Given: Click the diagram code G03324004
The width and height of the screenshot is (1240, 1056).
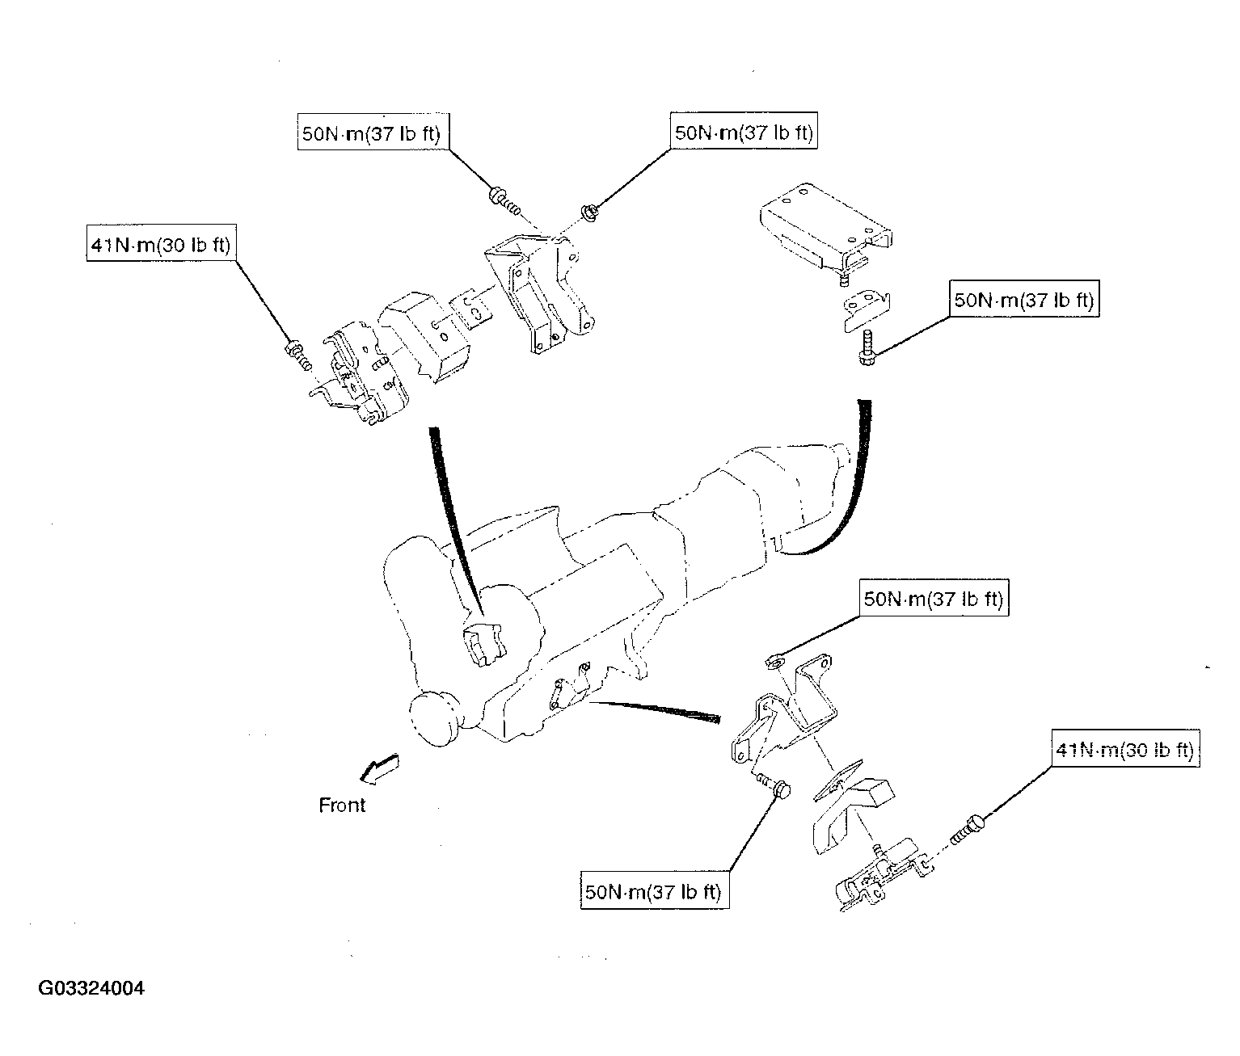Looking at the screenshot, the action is tap(91, 988).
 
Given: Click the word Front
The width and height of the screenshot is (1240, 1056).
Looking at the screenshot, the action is tap(342, 805).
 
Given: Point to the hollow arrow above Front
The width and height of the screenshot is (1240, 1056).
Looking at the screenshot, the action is tap(379, 768).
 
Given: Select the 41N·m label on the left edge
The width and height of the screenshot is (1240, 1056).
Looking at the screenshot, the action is tap(162, 243).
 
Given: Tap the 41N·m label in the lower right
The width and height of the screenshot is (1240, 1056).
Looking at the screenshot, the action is tap(1125, 748).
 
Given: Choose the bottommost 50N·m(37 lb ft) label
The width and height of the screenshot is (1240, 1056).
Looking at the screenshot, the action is tap(655, 891).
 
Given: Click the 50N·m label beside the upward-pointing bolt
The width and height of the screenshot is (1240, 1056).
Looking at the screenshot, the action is tap(1024, 299).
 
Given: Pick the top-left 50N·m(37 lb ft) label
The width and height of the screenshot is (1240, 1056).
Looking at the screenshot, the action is tap(373, 132).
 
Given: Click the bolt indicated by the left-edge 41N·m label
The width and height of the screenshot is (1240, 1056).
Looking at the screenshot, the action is tap(298, 355).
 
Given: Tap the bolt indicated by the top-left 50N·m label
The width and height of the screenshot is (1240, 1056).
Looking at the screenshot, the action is tap(504, 201).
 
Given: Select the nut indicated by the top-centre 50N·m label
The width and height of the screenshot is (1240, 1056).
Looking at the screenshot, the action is tap(589, 213).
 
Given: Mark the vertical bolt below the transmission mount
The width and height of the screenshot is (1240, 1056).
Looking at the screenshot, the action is tap(867, 347).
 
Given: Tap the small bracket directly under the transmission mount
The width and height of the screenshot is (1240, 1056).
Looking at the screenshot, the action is tap(867, 309).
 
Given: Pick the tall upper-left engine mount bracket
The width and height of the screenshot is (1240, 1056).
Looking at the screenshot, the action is tap(541, 293).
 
